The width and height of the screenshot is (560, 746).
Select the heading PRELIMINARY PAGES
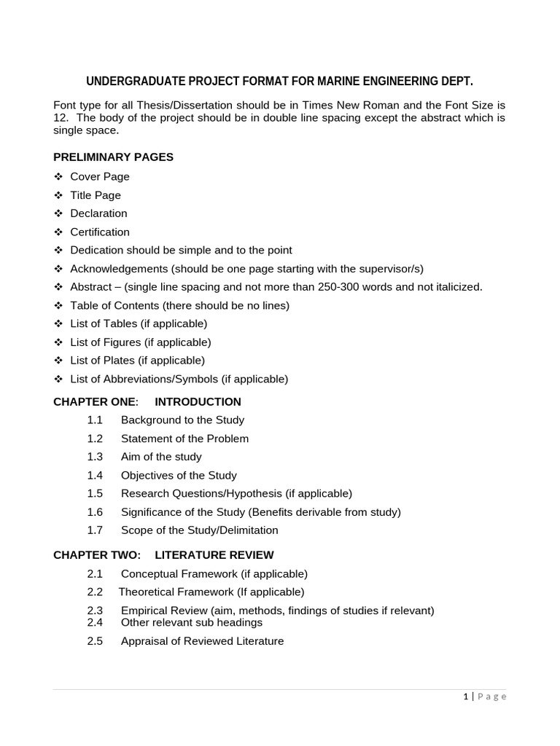[113, 157]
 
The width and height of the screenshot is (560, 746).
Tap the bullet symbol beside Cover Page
[58, 177]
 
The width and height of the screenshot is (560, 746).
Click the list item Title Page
[96, 195]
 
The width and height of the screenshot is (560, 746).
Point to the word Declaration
[98, 213]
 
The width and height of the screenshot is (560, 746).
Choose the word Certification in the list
[100, 232]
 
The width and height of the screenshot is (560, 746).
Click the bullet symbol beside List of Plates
[58, 361]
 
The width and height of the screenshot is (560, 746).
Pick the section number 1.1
[95, 420]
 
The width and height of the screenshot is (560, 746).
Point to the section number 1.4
[95, 475]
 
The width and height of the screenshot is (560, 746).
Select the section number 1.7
[95, 530]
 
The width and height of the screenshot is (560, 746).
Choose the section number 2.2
[95, 592]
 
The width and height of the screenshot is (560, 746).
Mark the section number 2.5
[95, 642]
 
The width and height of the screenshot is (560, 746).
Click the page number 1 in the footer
[465, 696]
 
